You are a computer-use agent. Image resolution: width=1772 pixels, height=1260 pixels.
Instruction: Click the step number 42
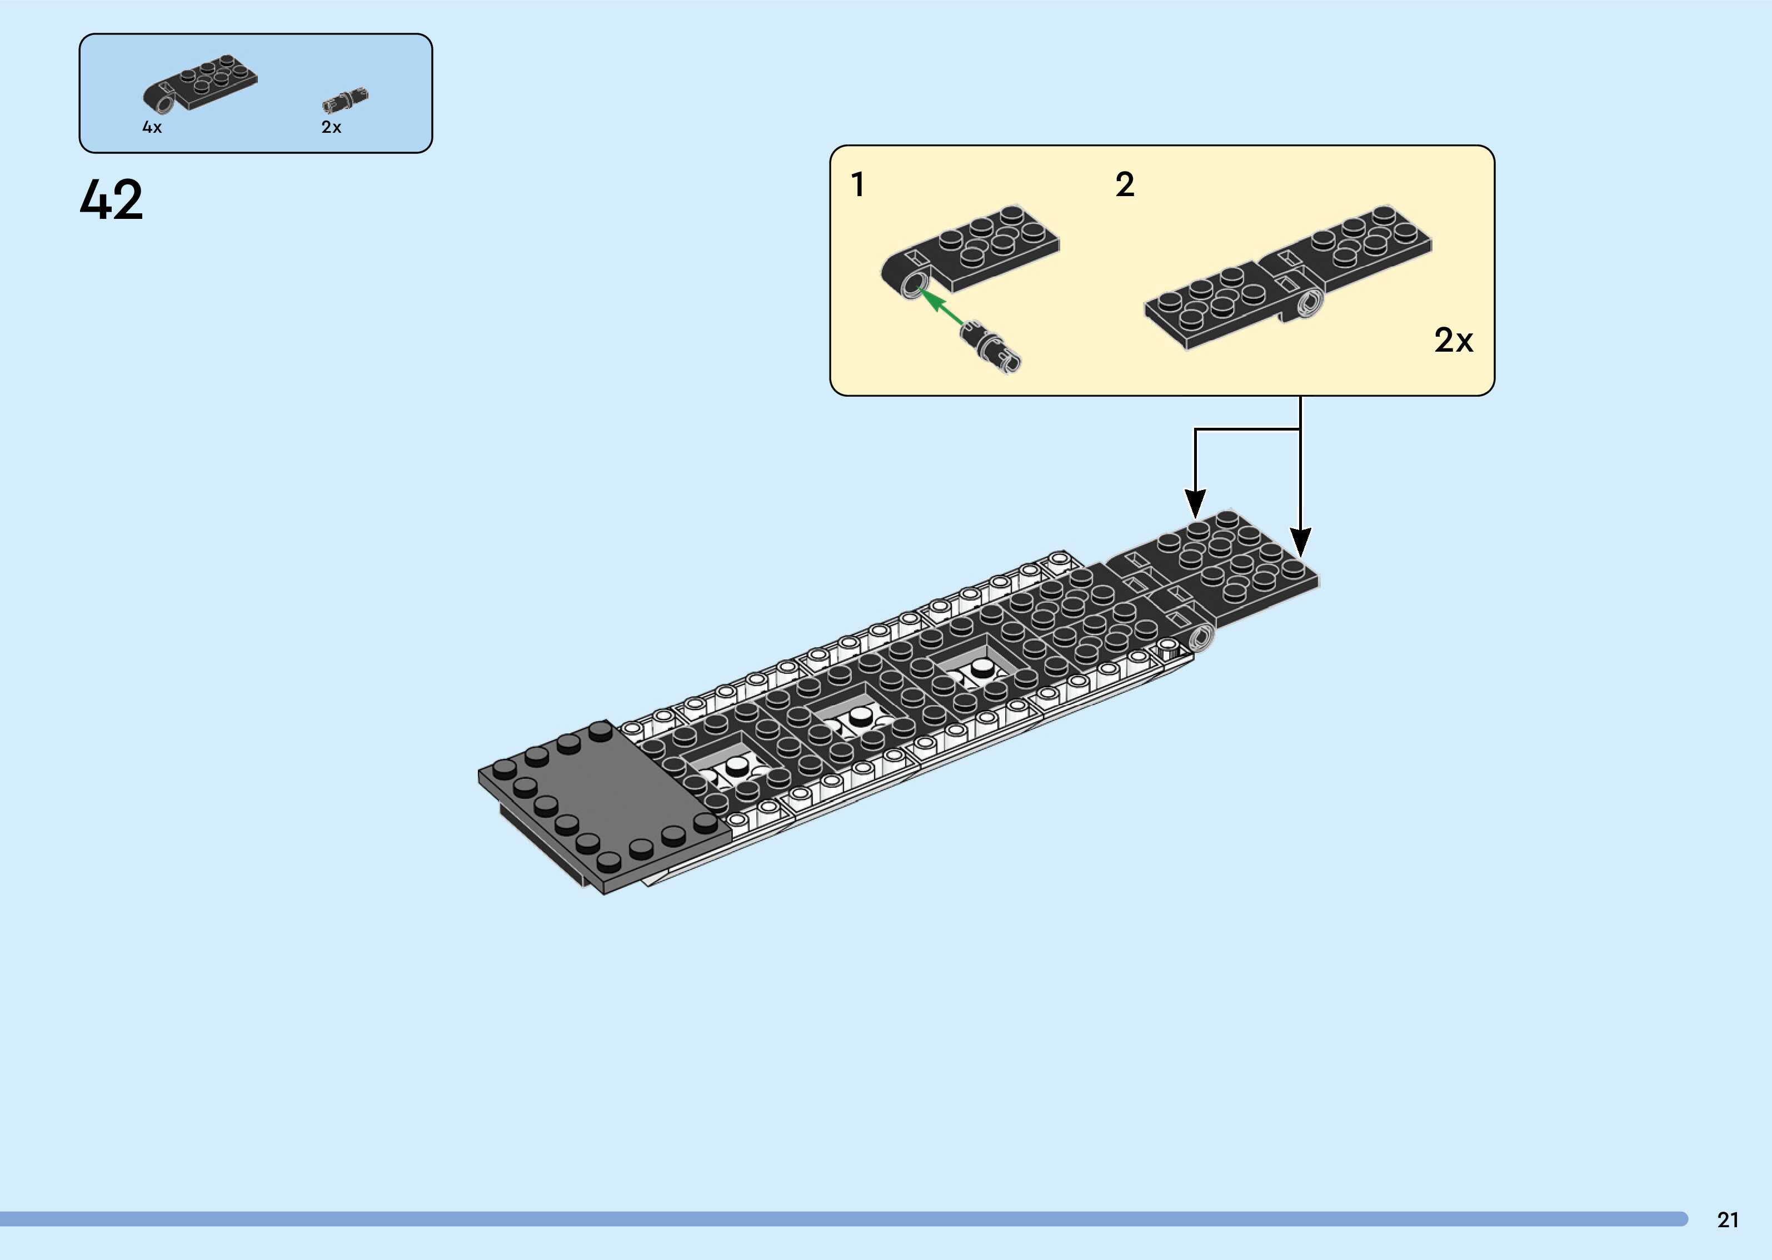tap(111, 199)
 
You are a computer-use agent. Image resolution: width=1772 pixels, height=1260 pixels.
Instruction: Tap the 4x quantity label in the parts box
tap(152, 127)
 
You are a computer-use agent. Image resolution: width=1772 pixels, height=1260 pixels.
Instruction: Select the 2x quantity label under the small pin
tap(331, 127)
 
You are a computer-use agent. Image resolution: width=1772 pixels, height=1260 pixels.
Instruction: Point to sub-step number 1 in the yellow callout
tap(857, 184)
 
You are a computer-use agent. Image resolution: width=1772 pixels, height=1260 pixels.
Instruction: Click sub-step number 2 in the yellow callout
tap(1124, 184)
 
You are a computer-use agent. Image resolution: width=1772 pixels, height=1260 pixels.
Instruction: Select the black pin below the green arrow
tap(990, 348)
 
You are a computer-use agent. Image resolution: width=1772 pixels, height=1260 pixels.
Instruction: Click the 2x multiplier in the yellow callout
tap(1452, 340)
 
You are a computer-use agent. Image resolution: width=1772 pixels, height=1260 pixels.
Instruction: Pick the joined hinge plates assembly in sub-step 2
tap(1288, 276)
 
